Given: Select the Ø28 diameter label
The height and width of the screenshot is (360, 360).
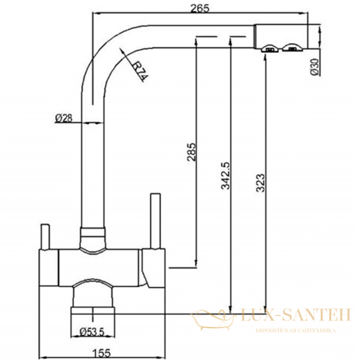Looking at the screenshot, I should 63,118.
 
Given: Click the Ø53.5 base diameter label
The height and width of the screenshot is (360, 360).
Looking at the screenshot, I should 92,331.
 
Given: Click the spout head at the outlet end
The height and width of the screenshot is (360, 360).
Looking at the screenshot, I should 281,37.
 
